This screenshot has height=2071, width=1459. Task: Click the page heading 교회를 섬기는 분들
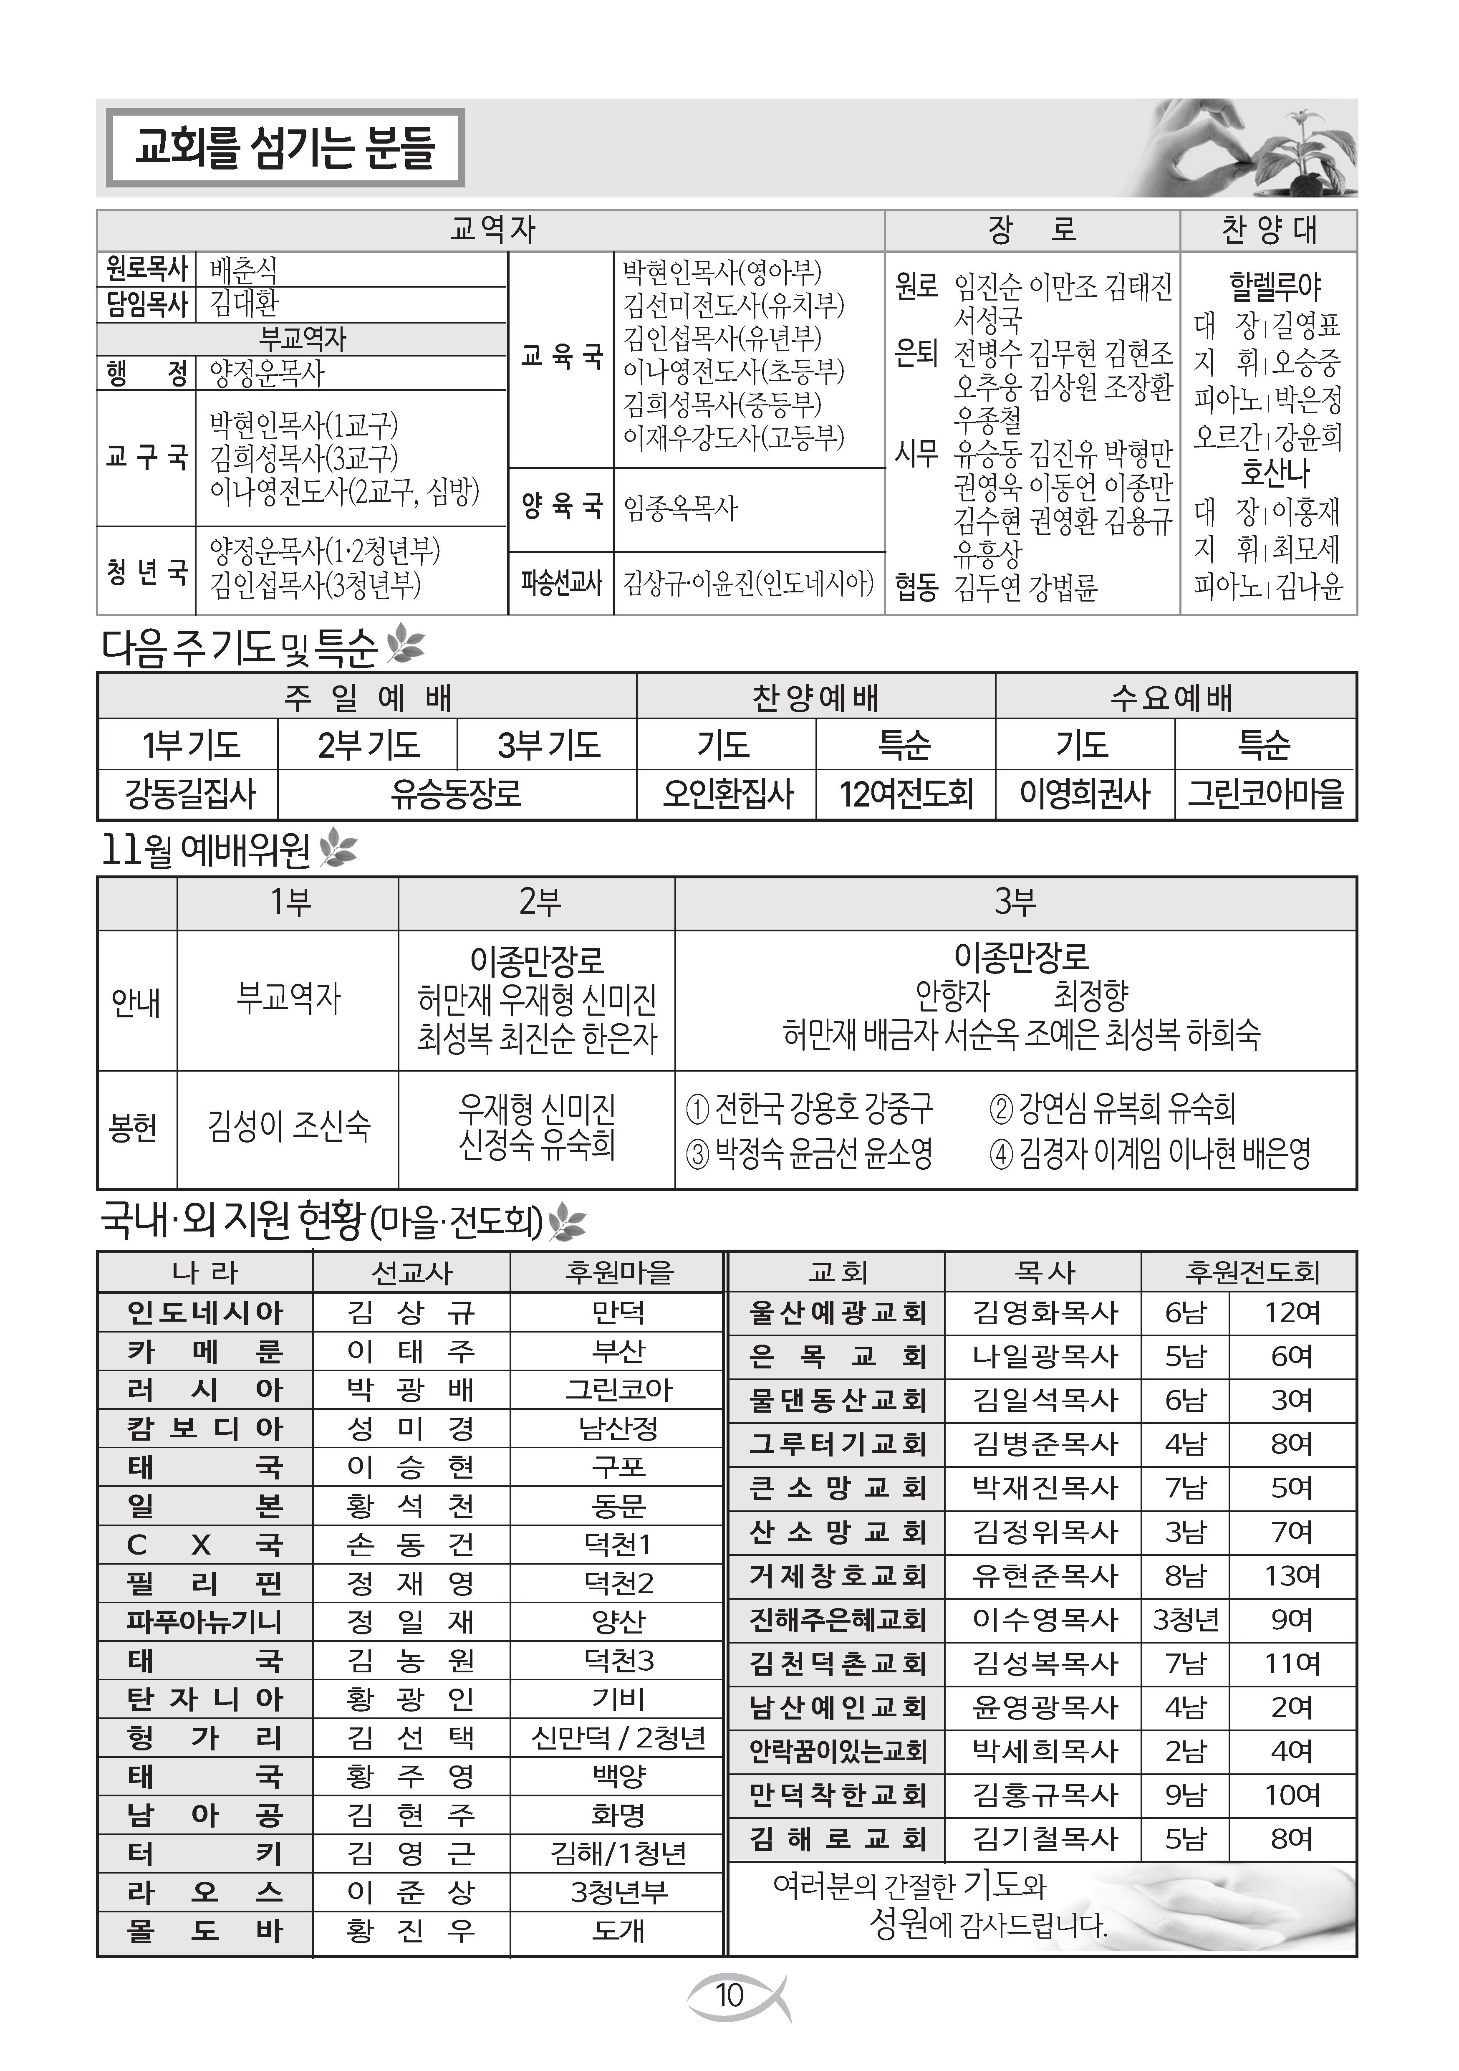pyautogui.click(x=285, y=148)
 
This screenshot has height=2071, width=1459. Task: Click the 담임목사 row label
pyautogui.click(x=146, y=303)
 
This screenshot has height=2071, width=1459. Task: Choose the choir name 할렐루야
pyautogui.click(x=1274, y=287)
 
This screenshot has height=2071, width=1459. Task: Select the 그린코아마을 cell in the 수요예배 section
pyautogui.click(x=1265, y=794)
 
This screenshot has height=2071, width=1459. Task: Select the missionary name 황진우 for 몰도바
pyautogui.click(x=411, y=1931)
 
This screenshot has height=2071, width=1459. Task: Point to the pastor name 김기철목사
pyautogui.click(x=1044, y=1838)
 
